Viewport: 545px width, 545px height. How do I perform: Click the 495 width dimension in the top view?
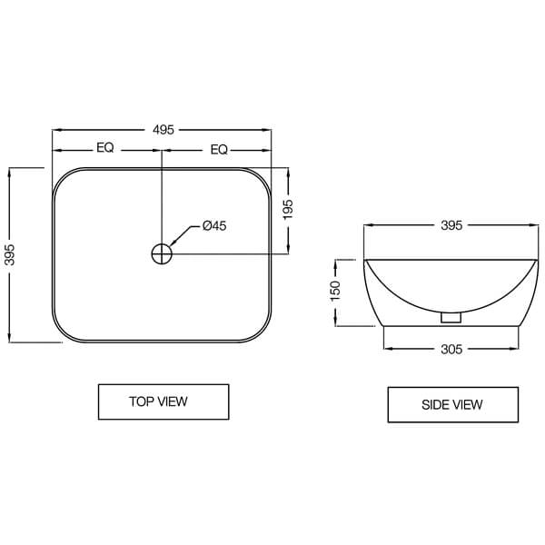tap(162, 130)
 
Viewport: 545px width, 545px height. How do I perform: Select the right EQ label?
tap(219, 149)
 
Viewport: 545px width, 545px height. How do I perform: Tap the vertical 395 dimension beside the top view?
tap(10, 255)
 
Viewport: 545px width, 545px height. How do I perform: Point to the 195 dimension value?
tap(289, 210)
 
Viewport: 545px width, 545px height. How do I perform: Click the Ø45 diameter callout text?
tap(214, 225)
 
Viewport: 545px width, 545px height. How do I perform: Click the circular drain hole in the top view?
tap(162, 253)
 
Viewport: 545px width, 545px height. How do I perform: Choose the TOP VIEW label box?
tap(163, 401)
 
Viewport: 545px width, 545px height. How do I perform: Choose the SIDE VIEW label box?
tap(452, 404)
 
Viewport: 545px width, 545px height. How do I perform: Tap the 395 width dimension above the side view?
tap(451, 225)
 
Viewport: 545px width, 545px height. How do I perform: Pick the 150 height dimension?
tap(335, 291)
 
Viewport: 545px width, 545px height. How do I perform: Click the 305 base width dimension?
tap(451, 349)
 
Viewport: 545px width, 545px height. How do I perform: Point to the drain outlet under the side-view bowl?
tap(450, 318)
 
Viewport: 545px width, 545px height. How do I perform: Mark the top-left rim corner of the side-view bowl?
tap(365, 261)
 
